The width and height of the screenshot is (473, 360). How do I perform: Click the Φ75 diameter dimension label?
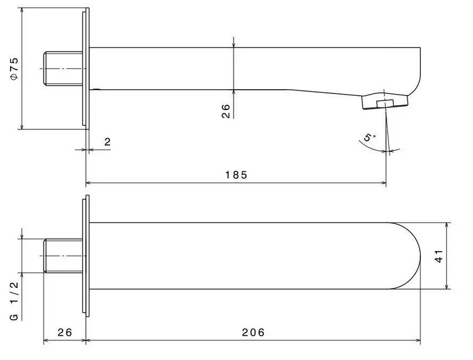tap(14, 69)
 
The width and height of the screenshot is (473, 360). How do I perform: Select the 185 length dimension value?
tap(236, 175)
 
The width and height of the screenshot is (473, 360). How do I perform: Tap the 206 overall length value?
tap(253, 332)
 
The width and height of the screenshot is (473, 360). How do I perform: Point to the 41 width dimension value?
tap(439, 256)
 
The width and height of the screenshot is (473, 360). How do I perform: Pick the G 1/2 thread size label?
tap(14, 301)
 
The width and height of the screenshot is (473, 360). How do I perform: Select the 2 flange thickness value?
tap(108, 142)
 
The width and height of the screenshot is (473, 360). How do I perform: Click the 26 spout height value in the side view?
tap(226, 111)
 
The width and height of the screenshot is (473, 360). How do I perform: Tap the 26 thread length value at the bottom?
tap(65, 332)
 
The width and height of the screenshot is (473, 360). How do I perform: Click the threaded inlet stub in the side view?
tap(63, 69)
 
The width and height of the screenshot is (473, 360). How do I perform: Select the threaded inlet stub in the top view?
tap(63, 256)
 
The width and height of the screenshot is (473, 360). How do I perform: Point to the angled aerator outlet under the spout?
tap(385, 102)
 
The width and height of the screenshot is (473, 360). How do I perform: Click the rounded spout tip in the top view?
tap(405, 256)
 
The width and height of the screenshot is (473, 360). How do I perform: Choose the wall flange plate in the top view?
tap(86, 256)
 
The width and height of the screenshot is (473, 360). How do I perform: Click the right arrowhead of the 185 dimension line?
tap(384, 183)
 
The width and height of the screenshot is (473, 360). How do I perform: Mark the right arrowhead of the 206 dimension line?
tap(418, 340)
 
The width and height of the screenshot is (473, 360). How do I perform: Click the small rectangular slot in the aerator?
tap(385, 103)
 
